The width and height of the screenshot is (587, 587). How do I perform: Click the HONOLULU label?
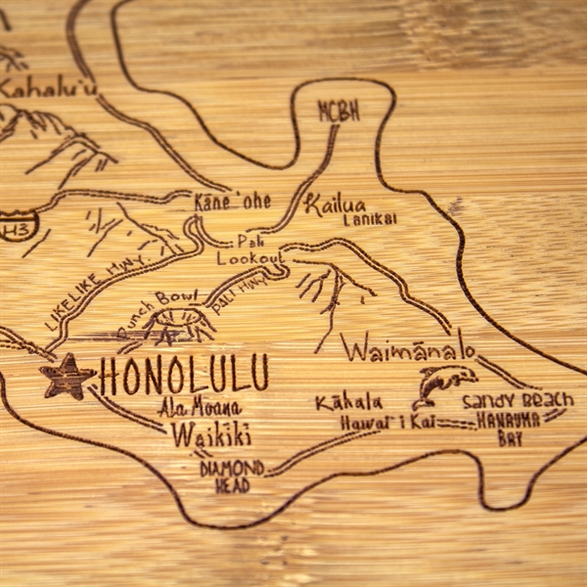pos(184,375)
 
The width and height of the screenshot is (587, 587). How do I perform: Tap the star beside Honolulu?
pos(68,377)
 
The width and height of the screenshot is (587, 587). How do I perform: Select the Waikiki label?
pos(210,435)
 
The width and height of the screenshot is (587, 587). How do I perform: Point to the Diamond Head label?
pos(232,475)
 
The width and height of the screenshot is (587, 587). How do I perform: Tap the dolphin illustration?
pos(443,384)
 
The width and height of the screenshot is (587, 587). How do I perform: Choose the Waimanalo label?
pos(409,349)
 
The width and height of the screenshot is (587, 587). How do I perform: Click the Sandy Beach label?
pos(518,400)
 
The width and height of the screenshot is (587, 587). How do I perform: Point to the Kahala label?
pos(348,402)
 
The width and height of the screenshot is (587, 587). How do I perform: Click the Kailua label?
pos(335,204)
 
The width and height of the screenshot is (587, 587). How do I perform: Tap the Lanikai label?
pos(370,220)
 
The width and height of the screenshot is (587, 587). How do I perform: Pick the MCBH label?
pos(339,112)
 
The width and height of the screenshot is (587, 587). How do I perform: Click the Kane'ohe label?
pos(232,202)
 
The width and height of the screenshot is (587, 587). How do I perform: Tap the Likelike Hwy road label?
pos(87,294)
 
